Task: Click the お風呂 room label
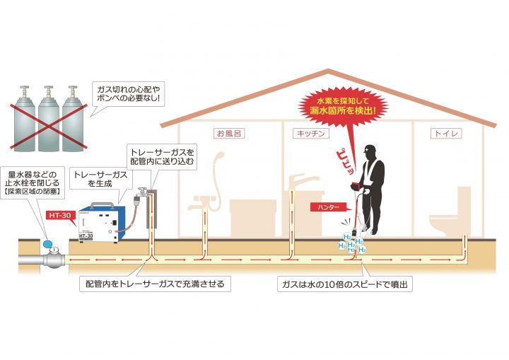point(229,133)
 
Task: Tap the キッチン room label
point(310,133)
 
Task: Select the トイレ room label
point(446,133)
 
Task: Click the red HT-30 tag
point(61,216)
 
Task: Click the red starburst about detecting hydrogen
point(343,106)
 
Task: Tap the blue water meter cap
point(48,243)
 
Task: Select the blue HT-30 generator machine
point(102,223)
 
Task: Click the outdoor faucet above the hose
point(142,193)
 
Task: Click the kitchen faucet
point(301,182)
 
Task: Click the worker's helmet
point(370,149)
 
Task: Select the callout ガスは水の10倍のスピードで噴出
point(345,284)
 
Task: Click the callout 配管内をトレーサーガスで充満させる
point(155,284)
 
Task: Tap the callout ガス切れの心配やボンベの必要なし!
point(128,93)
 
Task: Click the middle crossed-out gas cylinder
point(49,120)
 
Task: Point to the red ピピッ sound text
point(346,162)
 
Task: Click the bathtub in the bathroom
point(253,218)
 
